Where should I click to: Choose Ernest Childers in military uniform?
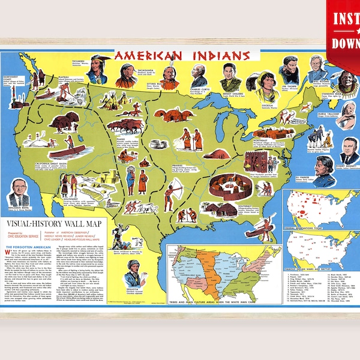click(x=230, y=75)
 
